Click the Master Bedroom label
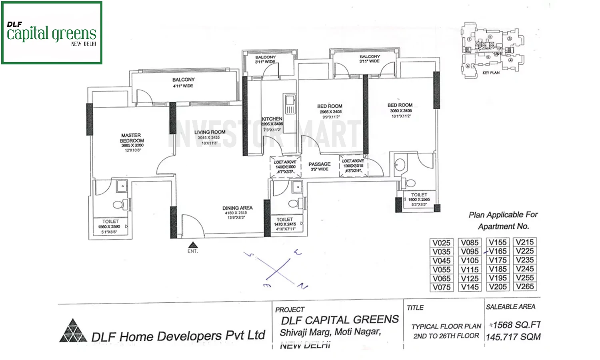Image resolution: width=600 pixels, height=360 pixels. coord(132,138)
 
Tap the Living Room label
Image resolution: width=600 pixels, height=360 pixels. coord(210,132)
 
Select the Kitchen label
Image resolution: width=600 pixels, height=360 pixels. coord(272,119)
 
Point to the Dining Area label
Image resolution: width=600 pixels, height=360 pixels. coord(237,208)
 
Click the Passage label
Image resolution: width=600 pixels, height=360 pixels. coord(319,164)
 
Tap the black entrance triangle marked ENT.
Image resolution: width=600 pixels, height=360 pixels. coord(193,245)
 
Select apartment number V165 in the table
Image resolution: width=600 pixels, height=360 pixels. coord(498,251)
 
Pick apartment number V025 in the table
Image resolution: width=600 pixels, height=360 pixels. coord(442,243)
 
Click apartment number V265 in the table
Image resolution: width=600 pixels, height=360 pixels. coord(525,286)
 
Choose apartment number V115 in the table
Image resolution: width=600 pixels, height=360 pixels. coord(470,270)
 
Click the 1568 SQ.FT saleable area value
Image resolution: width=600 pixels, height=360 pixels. coord(516,325)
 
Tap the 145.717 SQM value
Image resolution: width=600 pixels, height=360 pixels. coord(513,337)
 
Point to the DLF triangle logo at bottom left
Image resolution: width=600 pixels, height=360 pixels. coord(72,331)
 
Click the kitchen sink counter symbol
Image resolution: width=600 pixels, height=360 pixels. coord(289,104)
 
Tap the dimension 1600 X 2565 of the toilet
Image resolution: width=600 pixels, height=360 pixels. coord(419,199)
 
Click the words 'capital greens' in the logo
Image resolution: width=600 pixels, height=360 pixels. coord(52,34)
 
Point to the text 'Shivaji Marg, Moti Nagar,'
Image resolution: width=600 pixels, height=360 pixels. coord(330,332)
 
